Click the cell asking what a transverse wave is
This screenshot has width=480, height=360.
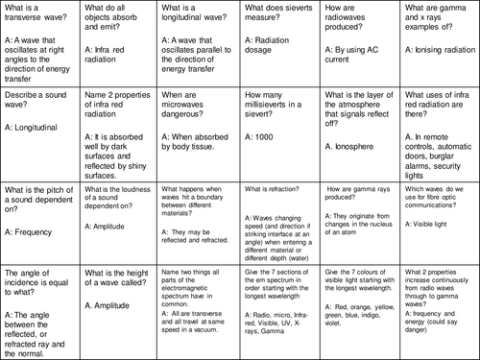(35, 15)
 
